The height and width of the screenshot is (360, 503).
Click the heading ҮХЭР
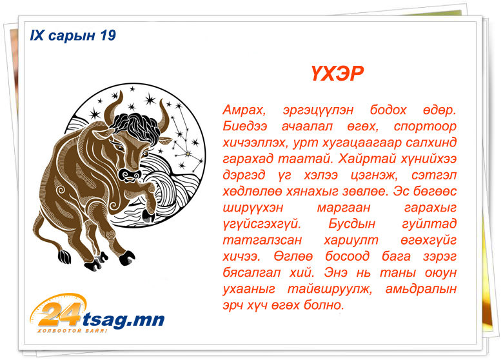337,74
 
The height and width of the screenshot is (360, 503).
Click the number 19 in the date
108,35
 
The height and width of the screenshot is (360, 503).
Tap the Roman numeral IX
37,35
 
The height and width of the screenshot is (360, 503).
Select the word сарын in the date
72,36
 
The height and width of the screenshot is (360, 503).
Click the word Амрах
244,110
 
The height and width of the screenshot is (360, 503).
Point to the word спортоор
425,126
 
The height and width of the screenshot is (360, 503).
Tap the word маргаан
344,208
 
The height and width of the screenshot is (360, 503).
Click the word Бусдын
351,223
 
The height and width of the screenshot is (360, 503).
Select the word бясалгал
252,273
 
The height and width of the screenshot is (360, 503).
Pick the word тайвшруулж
330,289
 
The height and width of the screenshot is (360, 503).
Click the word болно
324,305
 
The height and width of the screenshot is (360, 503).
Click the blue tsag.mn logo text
124,319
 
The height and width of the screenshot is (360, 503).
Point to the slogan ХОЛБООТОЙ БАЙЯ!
72,330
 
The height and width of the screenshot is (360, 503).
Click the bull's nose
130,175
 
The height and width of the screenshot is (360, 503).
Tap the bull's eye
120,147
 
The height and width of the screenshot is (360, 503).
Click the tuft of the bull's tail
64,255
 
